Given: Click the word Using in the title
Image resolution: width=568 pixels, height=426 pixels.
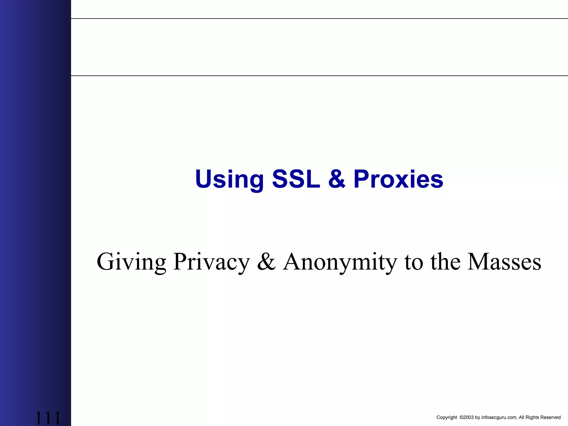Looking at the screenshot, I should point(229,179).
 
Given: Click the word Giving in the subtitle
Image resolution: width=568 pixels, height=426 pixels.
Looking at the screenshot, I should point(131,262).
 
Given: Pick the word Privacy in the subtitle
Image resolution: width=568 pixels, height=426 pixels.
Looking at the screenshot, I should point(211,262).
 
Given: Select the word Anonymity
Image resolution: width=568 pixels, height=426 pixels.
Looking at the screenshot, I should point(340,262).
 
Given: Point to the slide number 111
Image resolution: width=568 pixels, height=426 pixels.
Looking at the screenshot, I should point(48,418).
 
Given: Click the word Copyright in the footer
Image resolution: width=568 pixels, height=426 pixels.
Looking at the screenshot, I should point(447,417).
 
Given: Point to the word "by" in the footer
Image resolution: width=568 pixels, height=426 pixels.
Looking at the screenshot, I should point(478,417).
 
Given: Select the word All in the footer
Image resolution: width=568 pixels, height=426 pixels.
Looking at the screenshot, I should point(522,417).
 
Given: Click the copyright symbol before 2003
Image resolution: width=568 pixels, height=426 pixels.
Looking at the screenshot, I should point(461,417).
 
